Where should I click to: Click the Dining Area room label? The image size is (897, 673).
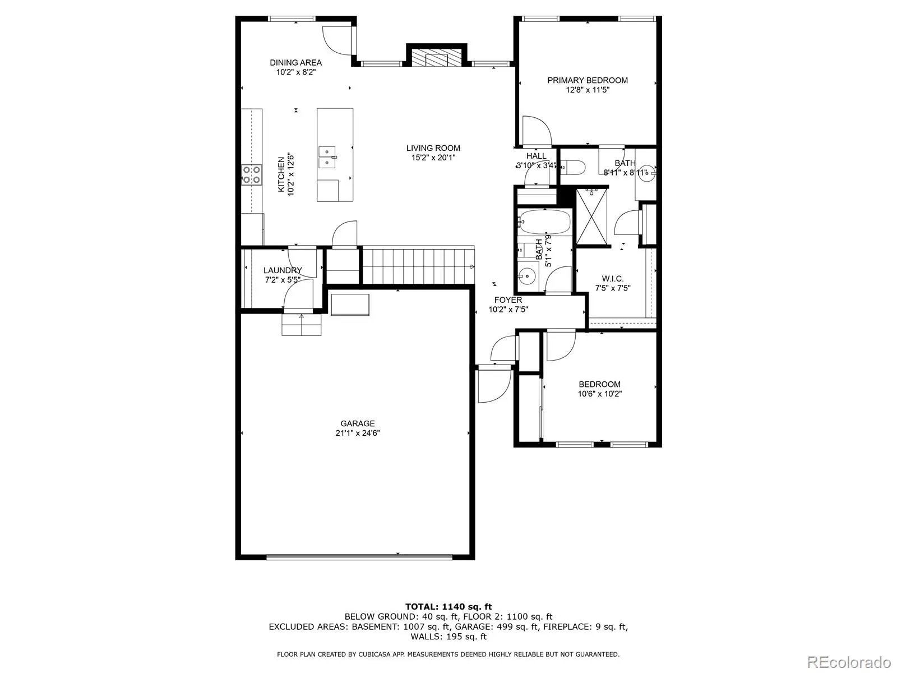[x=295, y=63]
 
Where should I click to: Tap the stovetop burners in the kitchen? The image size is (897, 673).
[x=251, y=174]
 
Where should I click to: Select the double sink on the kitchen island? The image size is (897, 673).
[x=327, y=157]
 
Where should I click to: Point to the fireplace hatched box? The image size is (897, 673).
[x=436, y=57]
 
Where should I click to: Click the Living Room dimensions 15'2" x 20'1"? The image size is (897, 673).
[x=433, y=158]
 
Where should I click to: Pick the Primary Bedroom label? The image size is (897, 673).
[x=588, y=80]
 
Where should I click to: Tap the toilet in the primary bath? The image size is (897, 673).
[x=573, y=167]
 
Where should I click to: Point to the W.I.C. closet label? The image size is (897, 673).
[x=612, y=279]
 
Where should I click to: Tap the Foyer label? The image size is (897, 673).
[x=508, y=300]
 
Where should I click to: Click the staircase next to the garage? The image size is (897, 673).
[x=418, y=266]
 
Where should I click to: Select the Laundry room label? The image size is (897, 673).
[x=283, y=270]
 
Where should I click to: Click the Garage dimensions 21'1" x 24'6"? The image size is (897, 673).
[x=357, y=433]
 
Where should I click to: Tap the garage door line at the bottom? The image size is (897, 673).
[x=359, y=557]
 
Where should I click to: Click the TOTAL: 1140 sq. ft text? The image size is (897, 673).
[x=448, y=606]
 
